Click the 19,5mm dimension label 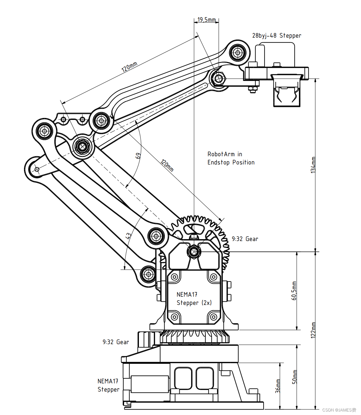click(207, 20)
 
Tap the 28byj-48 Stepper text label click(277, 35)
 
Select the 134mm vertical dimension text click(313, 165)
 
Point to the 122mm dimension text click(313, 330)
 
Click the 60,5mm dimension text click(294, 291)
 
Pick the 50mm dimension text click(295, 377)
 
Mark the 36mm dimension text click(278, 386)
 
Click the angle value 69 click(138, 156)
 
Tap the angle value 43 click(128, 236)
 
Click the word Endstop click(218, 162)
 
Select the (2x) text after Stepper click(207, 303)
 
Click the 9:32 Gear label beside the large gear click(245, 239)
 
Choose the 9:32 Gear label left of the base click(115, 342)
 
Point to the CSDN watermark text click(339, 410)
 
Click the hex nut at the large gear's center click(194, 252)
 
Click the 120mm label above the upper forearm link click(129, 67)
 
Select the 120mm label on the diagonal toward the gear click(167, 165)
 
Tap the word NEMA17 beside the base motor click(108, 381)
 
